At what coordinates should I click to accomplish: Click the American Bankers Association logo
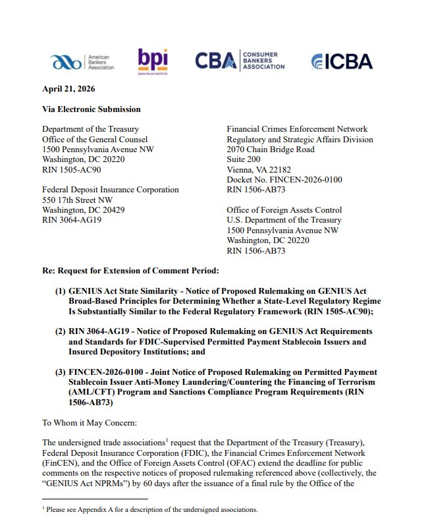(x=82, y=63)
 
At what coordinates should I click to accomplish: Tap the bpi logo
(x=153, y=61)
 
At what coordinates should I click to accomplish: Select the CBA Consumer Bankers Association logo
(x=240, y=61)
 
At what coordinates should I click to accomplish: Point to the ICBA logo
(x=342, y=61)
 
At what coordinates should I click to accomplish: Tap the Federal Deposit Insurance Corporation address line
(x=110, y=190)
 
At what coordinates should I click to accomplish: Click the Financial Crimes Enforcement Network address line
(x=297, y=129)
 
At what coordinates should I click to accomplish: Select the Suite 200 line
(x=244, y=159)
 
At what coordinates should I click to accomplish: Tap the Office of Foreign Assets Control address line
(x=284, y=210)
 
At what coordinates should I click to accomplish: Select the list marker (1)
(x=61, y=291)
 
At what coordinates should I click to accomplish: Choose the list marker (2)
(x=61, y=331)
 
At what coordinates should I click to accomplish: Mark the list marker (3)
(x=61, y=372)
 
